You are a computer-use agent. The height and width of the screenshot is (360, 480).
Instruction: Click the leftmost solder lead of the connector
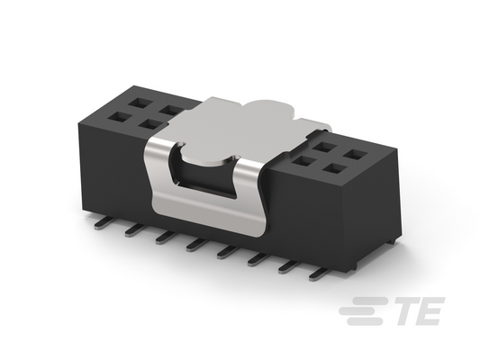102,223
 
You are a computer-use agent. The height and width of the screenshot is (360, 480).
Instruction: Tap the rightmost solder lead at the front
319,274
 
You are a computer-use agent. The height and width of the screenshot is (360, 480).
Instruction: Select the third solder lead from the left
165,238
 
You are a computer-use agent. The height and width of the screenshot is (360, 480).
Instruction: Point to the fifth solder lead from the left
227,253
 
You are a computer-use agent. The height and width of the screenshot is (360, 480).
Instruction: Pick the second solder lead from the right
288,267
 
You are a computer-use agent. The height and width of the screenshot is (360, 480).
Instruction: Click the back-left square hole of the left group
137,103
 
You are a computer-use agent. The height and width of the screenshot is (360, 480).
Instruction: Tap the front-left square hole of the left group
119,117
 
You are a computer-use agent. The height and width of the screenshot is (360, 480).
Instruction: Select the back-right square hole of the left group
168,109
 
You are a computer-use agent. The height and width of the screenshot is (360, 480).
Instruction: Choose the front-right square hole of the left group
150,124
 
